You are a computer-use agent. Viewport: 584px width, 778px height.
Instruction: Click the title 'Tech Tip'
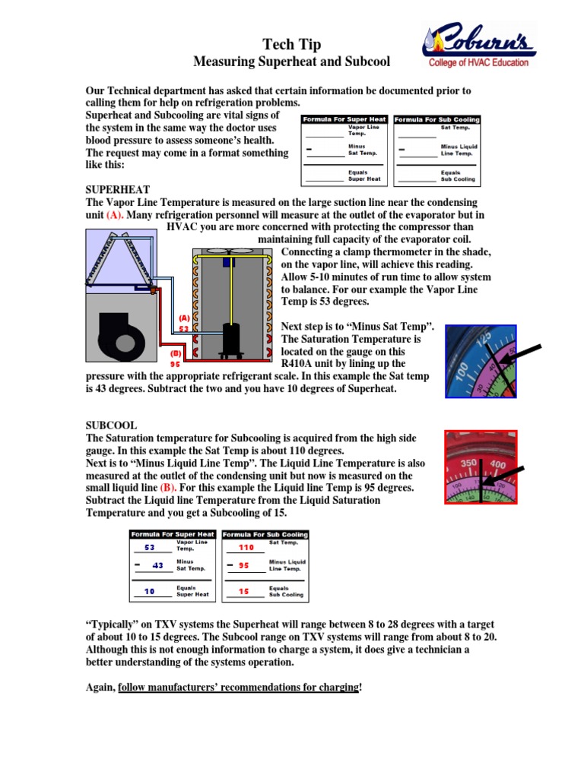tap(291, 45)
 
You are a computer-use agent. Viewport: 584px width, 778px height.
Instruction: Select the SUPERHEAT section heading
tap(118, 189)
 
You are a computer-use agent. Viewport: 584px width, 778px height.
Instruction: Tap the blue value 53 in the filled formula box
tap(149, 547)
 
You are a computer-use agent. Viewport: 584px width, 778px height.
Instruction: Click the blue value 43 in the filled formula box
tap(157, 565)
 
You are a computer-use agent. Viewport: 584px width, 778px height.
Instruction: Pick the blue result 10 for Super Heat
tap(149, 590)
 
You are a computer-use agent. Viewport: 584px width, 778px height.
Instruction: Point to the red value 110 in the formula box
tap(246, 547)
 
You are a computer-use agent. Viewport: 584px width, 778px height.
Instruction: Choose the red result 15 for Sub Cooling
tap(243, 590)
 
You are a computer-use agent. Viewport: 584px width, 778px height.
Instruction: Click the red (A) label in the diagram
tap(184, 318)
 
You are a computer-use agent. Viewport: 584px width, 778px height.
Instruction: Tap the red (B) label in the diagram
tap(174, 353)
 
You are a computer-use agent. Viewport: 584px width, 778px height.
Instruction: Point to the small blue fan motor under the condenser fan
tap(227, 262)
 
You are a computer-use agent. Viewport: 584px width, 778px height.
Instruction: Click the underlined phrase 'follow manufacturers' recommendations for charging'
tap(238, 687)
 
